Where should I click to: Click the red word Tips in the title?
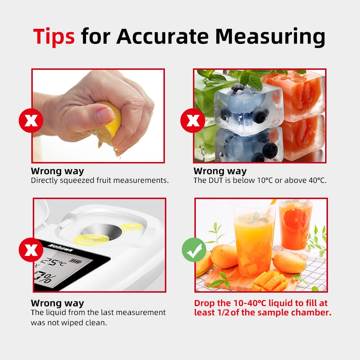point(54,37)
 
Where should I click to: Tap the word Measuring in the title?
point(270,37)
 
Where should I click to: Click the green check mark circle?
point(194,250)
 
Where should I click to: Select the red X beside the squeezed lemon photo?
point(31,121)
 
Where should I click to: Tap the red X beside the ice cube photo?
point(193,121)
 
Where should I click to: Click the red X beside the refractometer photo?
point(31,250)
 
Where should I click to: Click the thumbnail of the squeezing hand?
point(98,116)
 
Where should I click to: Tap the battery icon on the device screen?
point(75,261)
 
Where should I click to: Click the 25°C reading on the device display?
point(53,261)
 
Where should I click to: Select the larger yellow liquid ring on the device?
point(91,240)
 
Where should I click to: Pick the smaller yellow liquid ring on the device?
point(131,227)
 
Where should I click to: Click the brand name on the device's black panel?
point(60,248)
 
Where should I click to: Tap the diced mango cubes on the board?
point(269,281)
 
